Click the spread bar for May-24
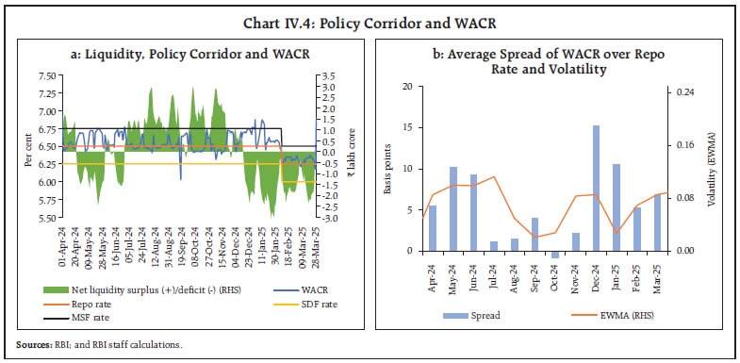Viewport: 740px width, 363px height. click(x=453, y=208)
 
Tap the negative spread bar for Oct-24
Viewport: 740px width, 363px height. click(x=555, y=254)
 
